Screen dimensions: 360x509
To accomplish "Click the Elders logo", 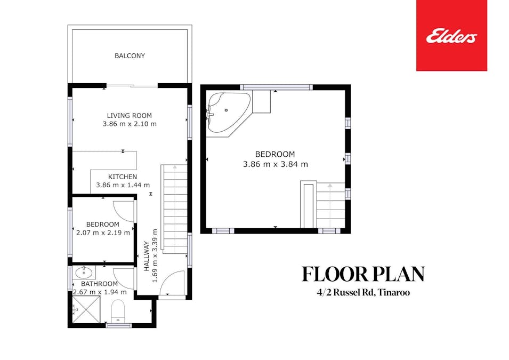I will pos(451,36).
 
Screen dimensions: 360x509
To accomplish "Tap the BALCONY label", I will pos(130,55).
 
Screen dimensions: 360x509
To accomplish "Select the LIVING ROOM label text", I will pos(129,115).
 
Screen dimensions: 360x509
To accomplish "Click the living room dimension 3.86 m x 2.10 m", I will pos(130,124).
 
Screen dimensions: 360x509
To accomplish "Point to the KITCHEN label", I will pos(123,177).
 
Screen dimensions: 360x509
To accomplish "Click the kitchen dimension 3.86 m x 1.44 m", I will pos(123,185).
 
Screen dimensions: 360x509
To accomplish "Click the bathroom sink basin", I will pos(84,273).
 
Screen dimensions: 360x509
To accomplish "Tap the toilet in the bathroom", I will pos(117,310).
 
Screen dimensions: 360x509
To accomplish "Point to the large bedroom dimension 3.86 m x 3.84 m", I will pos(275,164).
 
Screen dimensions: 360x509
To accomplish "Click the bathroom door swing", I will pos(124,278).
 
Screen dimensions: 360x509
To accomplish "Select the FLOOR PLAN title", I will pos(363,274).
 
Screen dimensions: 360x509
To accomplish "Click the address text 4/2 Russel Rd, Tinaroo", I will pos(363,293).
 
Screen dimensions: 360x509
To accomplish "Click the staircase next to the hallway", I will pos(174,208).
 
